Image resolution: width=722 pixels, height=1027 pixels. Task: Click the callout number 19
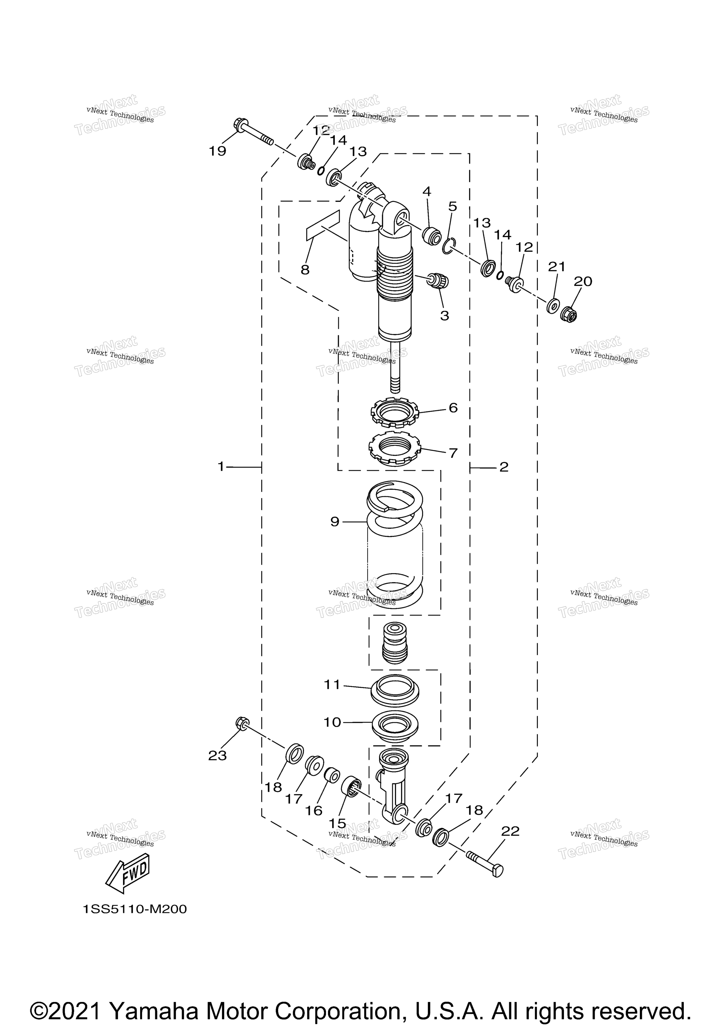(x=218, y=151)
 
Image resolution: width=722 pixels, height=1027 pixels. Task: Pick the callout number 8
(x=305, y=270)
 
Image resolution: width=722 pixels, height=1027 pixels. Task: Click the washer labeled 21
(x=553, y=306)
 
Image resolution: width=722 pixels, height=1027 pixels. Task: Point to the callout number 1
(x=220, y=467)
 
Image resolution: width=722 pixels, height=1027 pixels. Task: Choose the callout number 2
(x=504, y=467)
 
